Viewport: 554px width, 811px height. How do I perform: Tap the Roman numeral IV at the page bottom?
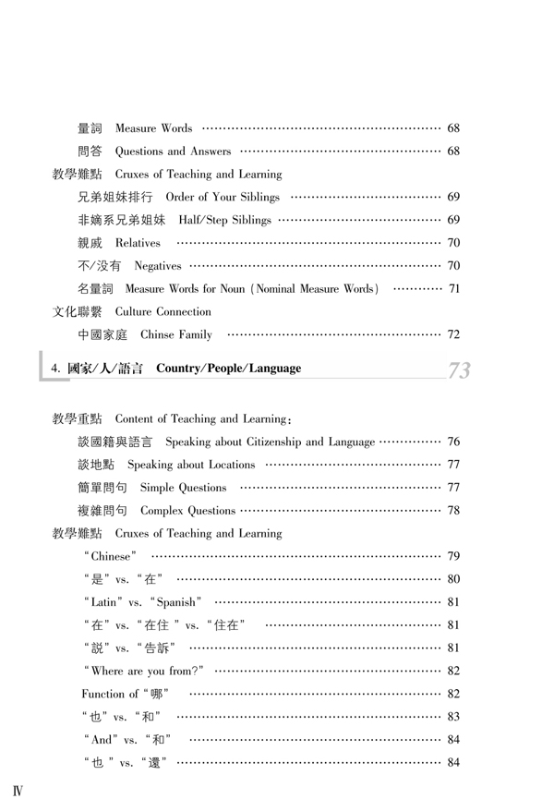click(18, 792)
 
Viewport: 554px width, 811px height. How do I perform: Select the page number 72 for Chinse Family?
click(453, 334)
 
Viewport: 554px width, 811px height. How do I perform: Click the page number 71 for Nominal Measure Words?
click(453, 289)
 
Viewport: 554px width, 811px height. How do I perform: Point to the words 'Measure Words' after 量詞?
click(153, 127)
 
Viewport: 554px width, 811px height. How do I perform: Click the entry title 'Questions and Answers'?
click(173, 151)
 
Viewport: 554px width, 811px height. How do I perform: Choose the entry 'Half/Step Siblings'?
click(225, 220)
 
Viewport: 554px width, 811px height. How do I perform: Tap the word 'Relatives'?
click(138, 243)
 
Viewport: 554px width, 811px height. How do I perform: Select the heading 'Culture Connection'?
click(163, 311)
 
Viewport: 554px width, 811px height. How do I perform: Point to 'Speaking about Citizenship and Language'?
click(271, 442)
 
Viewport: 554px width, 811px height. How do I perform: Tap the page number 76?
click(453, 442)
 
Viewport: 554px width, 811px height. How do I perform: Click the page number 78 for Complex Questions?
click(453, 510)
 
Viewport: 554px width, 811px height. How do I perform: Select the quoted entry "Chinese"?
click(110, 556)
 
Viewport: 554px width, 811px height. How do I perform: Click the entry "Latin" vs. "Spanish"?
click(142, 602)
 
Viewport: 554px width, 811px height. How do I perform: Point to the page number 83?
click(453, 716)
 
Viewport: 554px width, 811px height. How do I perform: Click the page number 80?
click(453, 579)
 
